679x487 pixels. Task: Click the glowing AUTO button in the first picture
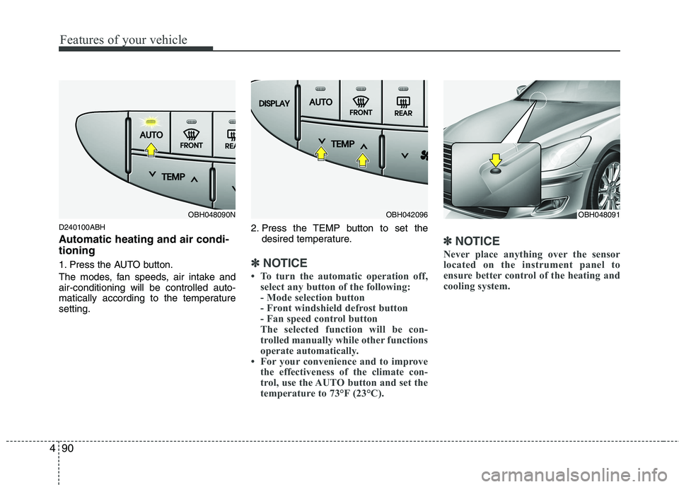151,131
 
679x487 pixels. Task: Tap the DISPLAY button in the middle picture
274,103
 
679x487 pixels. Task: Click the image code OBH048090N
211,214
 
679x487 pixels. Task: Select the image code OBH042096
407,214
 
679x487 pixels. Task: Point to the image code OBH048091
599,214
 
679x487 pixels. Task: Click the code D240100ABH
82,227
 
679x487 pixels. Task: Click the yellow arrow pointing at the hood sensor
495,159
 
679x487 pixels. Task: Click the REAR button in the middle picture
403,106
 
